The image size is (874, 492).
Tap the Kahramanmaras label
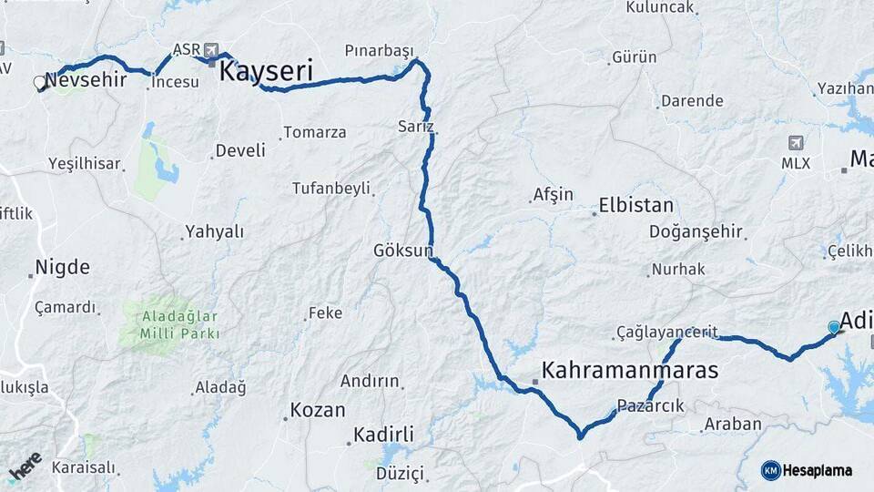pyautogui.click(x=630, y=371)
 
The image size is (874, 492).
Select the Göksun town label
pyautogui.click(x=403, y=250)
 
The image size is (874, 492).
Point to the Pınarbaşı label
pyautogui.click(x=379, y=49)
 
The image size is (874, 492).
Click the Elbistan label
pyautogui.click(x=636, y=205)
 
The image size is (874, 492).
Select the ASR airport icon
pyautogui.click(x=213, y=49)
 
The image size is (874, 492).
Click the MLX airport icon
pyautogui.click(x=797, y=143)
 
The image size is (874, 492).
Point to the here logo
pyautogui.click(x=25, y=467)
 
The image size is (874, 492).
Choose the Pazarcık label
pyautogui.click(x=650, y=405)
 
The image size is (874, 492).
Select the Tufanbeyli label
pyautogui.click(x=330, y=189)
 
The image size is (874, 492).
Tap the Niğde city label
pyautogui.click(x=62, y=268)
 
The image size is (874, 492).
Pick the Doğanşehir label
pyautogui.click(x=696, y=231)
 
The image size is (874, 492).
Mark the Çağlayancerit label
pyautogui.click(x=666, y=332)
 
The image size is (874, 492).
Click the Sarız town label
pyautogui.click(x=416, y=126)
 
